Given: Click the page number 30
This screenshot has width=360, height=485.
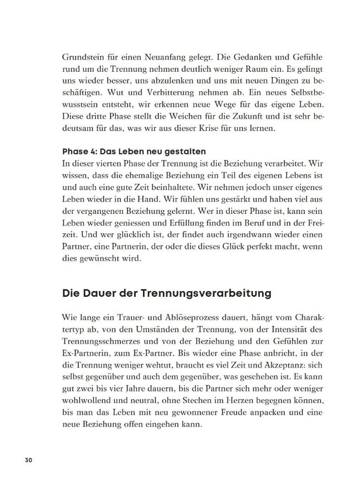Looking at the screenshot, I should point(28,460).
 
